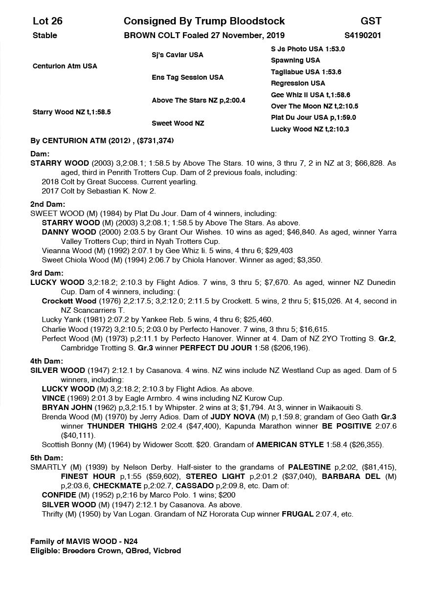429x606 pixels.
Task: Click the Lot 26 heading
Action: (x=47, y=21)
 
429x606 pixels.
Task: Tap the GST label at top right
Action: (x=371, y=21)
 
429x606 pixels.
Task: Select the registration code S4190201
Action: (x=363, y=35)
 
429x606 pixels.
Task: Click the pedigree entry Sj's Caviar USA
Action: (x=177, y=55)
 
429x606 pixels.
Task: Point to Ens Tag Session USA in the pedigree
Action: (x=187, y=77)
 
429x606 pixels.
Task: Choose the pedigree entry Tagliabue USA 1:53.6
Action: (x=306, y=72)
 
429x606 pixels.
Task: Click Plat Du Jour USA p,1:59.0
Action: (x=313, y=117)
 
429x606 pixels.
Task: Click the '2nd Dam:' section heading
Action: (x=47, y=204)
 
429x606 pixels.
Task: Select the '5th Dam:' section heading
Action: (x=47, y=458)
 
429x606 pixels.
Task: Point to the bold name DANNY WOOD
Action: (x=68, y=232)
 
